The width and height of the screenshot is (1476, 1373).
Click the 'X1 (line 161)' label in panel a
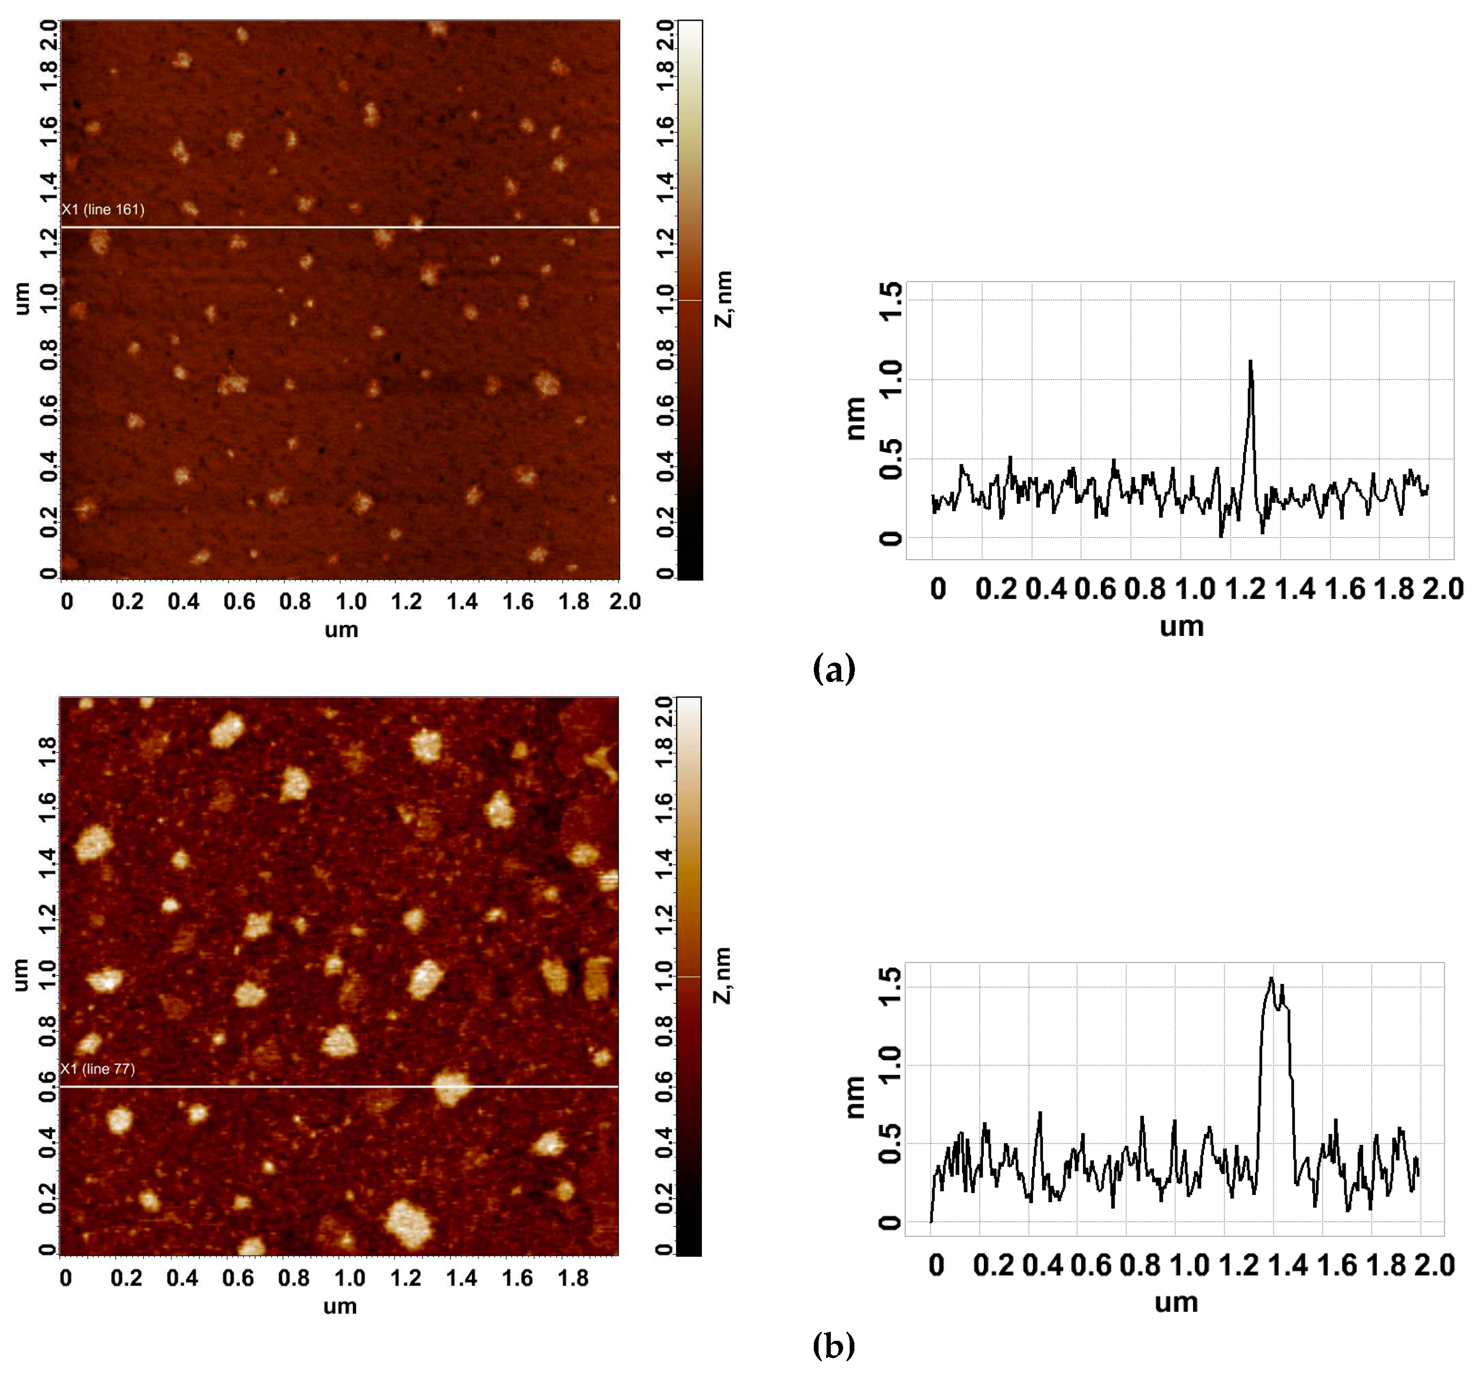pyautogui.click(x=103, y=209)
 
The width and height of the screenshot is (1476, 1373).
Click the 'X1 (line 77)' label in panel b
pyautogui.click(x=98, y=1068)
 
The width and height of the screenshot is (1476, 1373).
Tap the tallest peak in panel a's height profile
pyautogui.click(x=1250, y=362)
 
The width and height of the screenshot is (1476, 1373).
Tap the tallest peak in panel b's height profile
pyautogui.click(x=1271, y=979)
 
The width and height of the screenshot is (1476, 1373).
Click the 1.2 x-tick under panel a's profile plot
pyautogui.click(x=1245, y=589)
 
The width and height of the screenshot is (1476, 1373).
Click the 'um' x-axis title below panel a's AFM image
pyautogui.click(x=341, y=630)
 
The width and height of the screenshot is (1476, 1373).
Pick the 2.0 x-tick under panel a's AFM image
pyautogui.click(x=624, y=601)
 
